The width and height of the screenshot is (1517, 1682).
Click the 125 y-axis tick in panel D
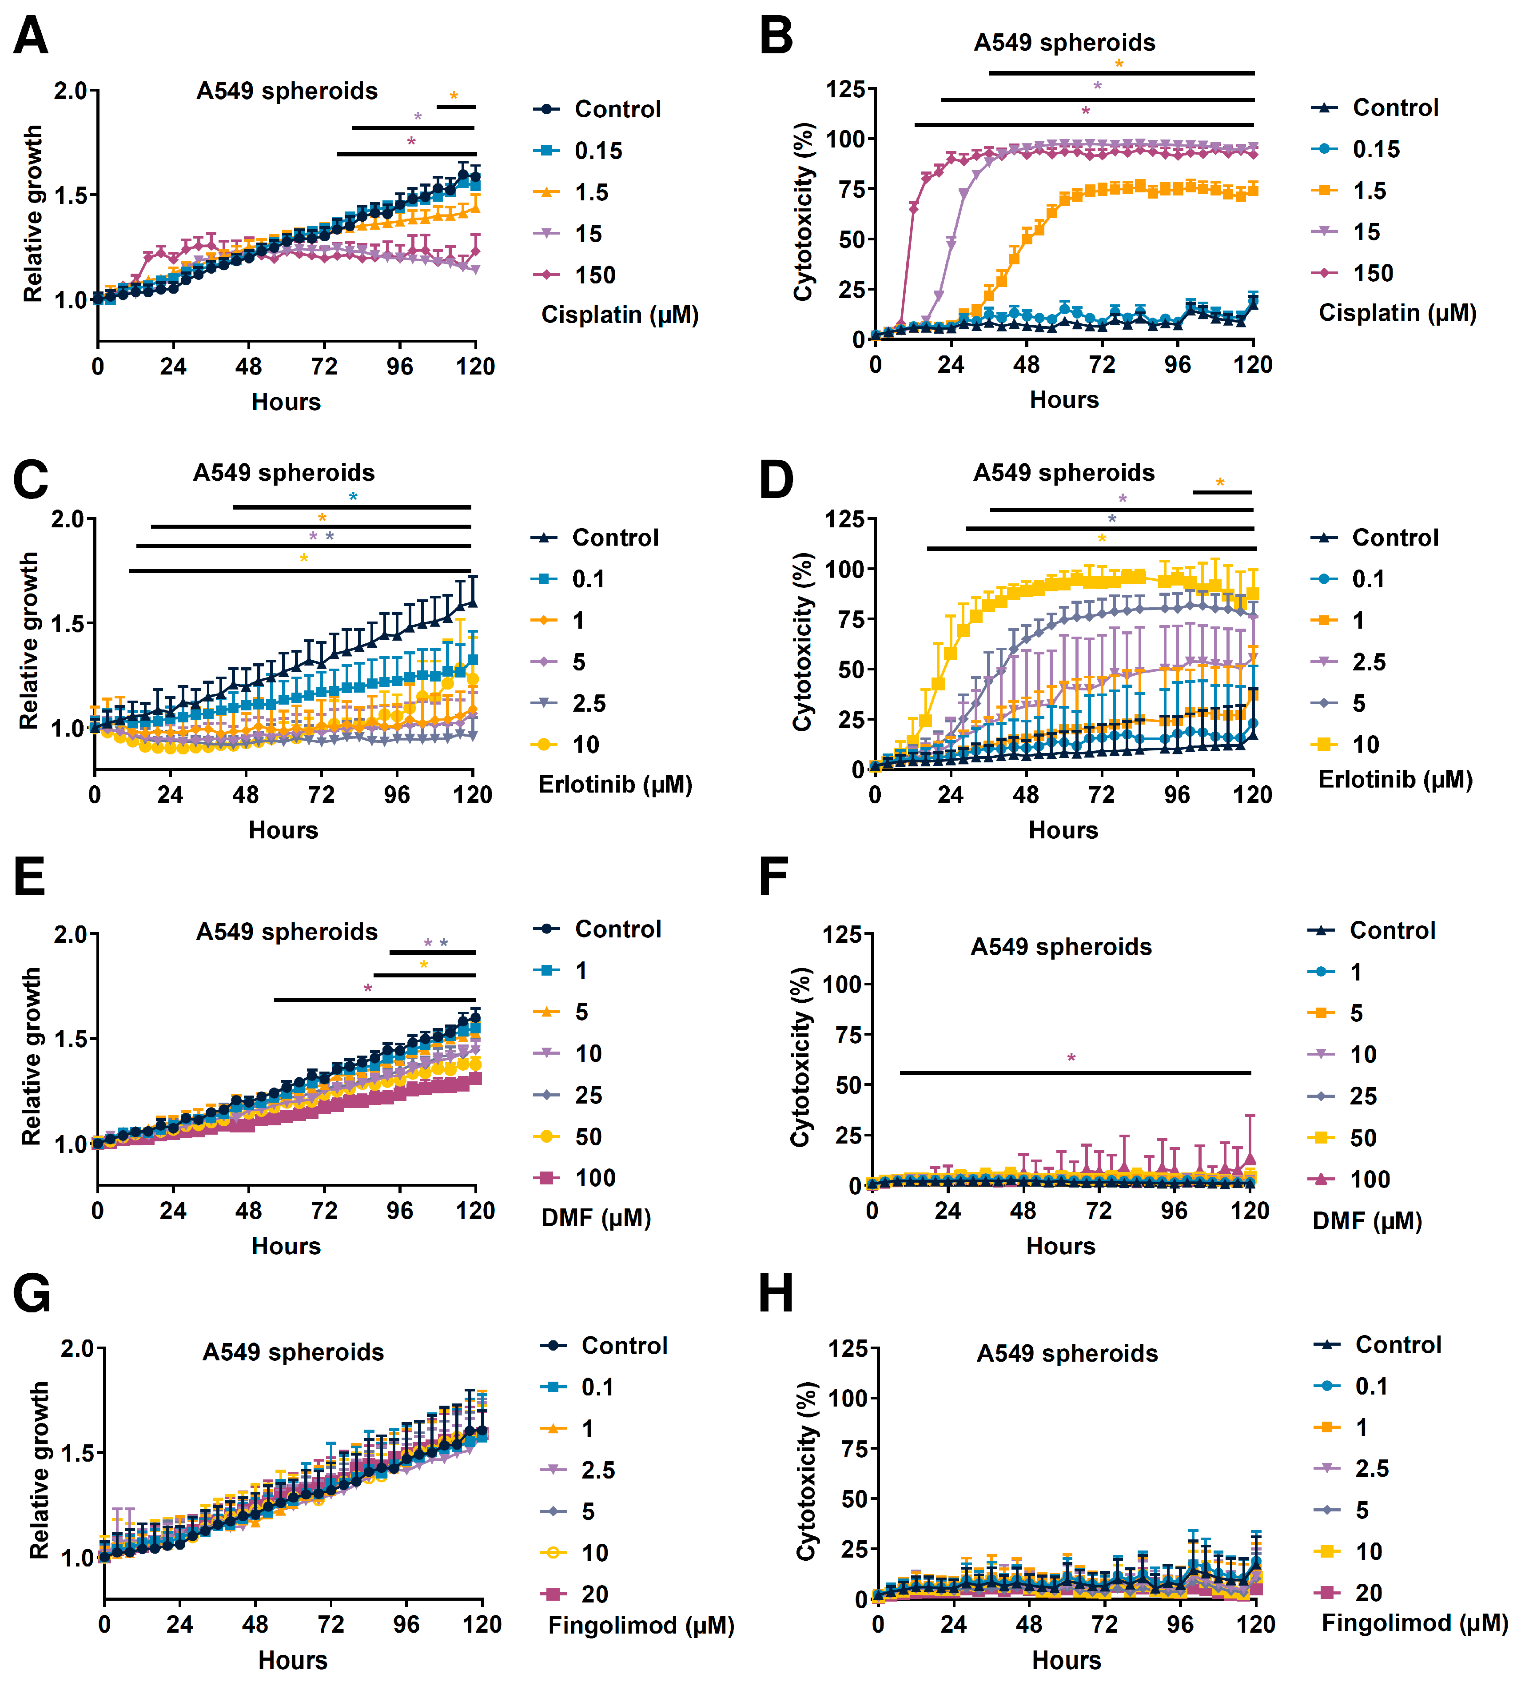(844, 519)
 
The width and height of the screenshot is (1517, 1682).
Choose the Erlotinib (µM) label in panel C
(615, 784)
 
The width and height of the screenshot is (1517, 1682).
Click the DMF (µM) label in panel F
(1367, 1221)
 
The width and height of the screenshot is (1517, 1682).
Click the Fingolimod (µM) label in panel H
(1414, 1623)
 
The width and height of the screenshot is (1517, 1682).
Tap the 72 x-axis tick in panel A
(324, 367)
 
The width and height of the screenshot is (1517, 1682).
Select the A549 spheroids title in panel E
(287, 931)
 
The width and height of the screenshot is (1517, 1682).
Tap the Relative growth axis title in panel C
(29, 640)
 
